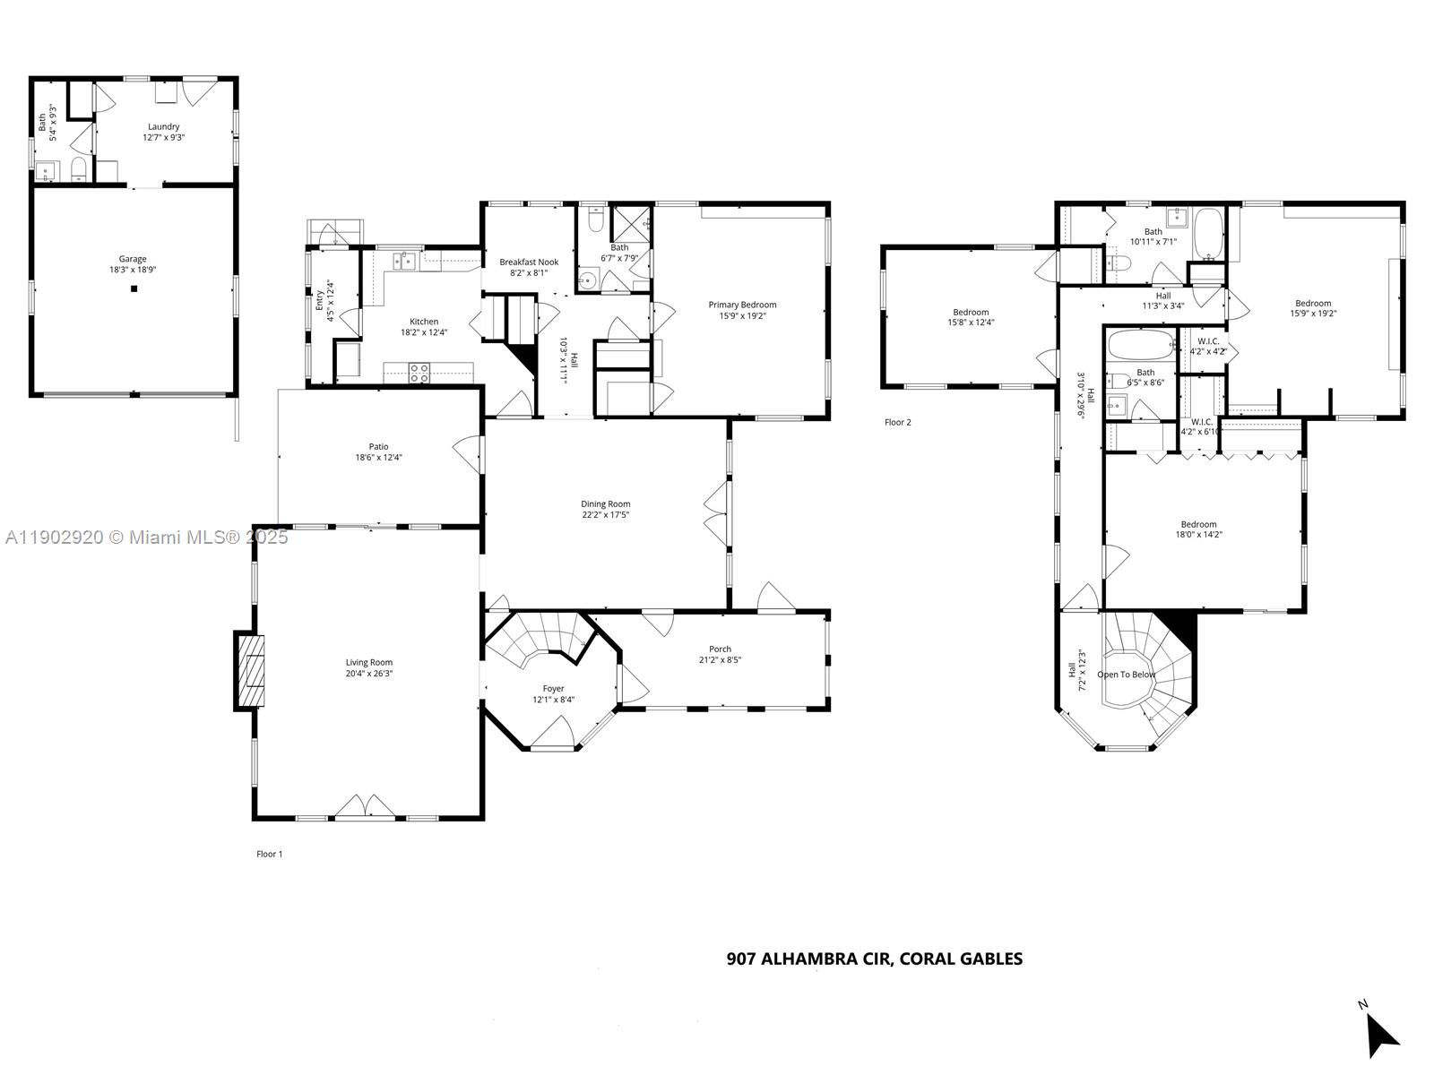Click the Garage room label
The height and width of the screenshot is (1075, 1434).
pos(133,259)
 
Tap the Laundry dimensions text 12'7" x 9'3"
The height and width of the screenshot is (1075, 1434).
pos(163,138)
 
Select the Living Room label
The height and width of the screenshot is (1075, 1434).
pos(369,663)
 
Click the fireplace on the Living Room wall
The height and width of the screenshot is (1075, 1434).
pos(252,671)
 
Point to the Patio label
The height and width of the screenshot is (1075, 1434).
pos(378,446)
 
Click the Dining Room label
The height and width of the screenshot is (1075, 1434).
pos(605,503)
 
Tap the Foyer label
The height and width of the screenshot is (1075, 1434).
pos(554,688)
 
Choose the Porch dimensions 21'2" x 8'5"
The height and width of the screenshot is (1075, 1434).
pos(720,660)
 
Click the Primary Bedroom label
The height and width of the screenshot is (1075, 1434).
pos(742,305)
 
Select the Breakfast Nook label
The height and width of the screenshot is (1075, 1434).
pos(529,262)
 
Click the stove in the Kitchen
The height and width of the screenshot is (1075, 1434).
pos(419,373)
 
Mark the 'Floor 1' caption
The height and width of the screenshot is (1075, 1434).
pos(269,854)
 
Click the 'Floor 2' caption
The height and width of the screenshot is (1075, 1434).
pos(897,422)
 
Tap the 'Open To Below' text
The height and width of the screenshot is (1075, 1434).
pos(1126,675)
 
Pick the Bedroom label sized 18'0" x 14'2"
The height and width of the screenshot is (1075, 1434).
pos(1198,524)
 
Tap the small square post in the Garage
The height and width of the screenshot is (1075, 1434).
pos(134,288)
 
